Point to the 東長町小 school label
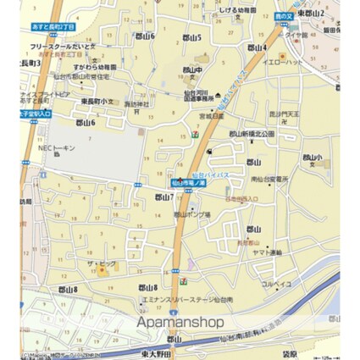pyautogui.click(x=97, y=101)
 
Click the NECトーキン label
pyautogui.click(x=57, y=147)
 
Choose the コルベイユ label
pyautogui.click(x=276, y=284)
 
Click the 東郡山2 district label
pyautogui.click(x=312, y=14)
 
